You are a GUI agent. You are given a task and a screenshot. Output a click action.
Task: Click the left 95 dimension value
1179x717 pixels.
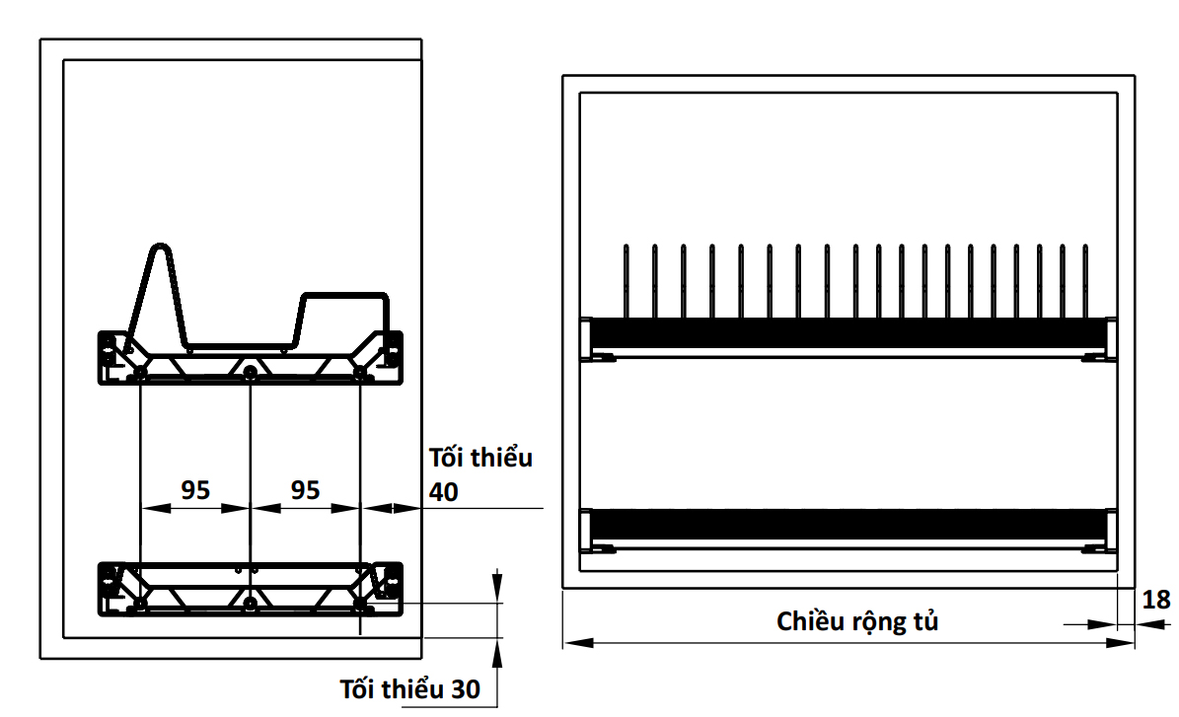(195, 489)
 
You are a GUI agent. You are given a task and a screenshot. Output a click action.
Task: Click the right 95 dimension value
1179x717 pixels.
(306, 489)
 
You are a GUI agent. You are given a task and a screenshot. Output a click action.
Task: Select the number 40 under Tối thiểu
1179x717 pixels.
(444, 492)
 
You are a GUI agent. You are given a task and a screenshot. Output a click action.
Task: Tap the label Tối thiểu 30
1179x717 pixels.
(409, 689)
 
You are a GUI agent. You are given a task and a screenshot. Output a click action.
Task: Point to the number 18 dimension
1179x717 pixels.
(1157, 600)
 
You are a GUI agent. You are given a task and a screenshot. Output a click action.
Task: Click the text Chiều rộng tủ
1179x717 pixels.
(857, 621)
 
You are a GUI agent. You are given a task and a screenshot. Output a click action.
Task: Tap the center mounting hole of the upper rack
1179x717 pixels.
(252, 372)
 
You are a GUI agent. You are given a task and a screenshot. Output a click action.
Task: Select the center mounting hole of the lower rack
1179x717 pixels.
(252, 601)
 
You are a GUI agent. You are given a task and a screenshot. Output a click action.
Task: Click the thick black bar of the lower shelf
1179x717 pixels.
(848, 525)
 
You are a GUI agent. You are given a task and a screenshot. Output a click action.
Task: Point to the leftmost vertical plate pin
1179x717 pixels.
(626, 281)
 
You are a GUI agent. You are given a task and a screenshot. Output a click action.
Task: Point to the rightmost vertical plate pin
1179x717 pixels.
(1086, 281)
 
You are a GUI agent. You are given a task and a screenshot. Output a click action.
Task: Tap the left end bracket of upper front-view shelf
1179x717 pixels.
(591, 338)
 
